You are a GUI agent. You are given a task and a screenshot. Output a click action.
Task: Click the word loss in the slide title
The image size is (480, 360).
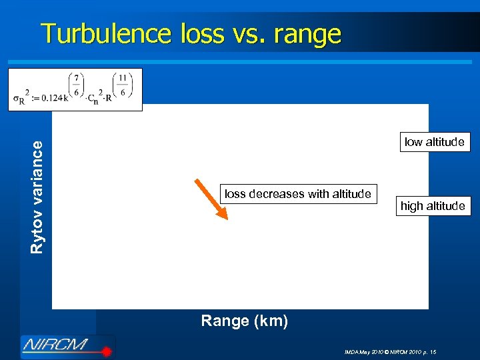pyautogui.click(x=200, y=33)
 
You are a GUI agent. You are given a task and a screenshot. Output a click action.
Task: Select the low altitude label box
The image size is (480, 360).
pyautogui.click(x=435, y=142)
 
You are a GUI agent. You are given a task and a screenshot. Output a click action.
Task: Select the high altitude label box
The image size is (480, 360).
pyautogui.click(x=433, y=206)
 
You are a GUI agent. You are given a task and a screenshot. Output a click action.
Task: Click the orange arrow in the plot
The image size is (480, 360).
pyautogui.click(x=211, y=199)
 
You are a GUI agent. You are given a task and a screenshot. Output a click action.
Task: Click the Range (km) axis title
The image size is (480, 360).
pyautogui.click(x=245, y=321)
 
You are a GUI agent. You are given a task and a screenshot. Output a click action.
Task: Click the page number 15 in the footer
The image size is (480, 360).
pyautogui.click(x=433, y=351)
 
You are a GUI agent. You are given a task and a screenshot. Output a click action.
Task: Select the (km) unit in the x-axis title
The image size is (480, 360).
pyautogui.click(x=273, y=321)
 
